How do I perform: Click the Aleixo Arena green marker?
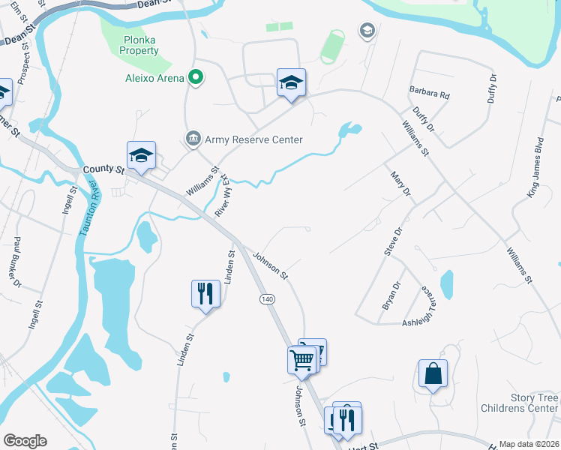tap(196, 77)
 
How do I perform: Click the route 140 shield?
tap(266, 299)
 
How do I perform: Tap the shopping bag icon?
tap(433, 373)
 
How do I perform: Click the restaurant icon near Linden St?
tap(205, 292)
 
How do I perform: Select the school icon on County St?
tap(141, 155)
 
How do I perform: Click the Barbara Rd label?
tap(429, 95)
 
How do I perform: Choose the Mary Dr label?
tap(401, 183)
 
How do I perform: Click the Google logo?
tap(25, 441)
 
